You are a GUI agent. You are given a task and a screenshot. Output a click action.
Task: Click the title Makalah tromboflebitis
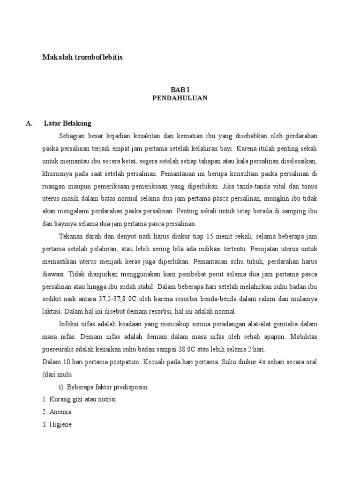click(x=82, y=57)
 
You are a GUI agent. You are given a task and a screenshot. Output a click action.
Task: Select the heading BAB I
click(x=180, y=90)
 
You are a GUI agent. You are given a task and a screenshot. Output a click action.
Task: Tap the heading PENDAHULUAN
click(x=180, y=98)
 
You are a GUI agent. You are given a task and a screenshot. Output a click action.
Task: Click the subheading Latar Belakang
click(x=67, y=124)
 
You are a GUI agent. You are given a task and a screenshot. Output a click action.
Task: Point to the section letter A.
click(x=29, y=124)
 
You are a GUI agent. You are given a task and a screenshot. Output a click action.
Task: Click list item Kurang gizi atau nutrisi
click(x=79, y=399)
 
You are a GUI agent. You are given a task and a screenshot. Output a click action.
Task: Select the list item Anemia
click(x=60, y=412)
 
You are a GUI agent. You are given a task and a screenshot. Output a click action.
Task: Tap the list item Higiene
click(x=60, y=425)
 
